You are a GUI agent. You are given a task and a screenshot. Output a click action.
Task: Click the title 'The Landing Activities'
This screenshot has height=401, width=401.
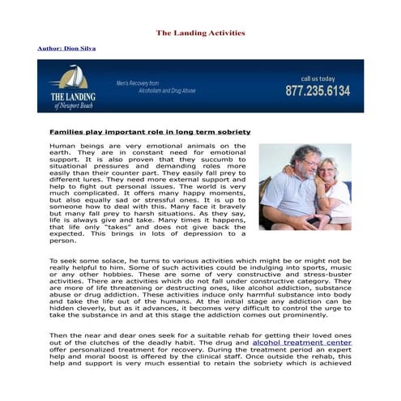[x=200, y=33]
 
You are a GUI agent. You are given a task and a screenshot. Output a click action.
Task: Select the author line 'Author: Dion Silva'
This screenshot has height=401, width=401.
[x=66, y=49]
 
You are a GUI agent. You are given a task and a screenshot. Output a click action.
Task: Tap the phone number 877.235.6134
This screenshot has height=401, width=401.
[x=318, y=91]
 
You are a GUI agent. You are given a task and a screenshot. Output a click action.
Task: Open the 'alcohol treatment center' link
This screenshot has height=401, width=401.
[x=302, y=343]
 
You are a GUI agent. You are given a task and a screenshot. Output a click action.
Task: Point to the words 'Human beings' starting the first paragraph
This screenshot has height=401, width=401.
[x=70, y=146]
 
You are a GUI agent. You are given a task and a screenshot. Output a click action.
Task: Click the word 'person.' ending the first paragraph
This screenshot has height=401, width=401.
[x=62, y=241]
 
